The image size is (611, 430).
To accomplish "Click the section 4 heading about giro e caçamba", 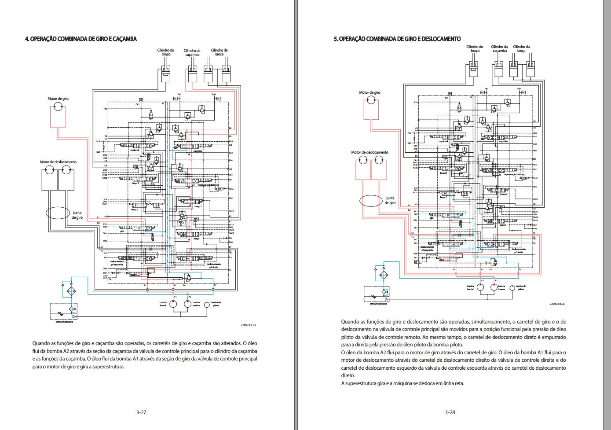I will pos(80,39).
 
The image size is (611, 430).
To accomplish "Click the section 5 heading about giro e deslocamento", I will pos(397,39).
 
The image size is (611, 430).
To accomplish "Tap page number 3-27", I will pos(141,412).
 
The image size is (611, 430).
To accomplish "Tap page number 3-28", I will pos(450,412).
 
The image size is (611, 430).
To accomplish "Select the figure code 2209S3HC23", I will pos(248,326).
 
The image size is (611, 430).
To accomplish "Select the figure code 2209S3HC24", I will pos(556,304).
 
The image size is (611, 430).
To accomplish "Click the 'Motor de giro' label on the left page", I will pos(58,99).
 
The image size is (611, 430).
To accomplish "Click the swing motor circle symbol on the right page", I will pos(370,101).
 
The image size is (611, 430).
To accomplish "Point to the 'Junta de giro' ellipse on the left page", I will pos(58,213).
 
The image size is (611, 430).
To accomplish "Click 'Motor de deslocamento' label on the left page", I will pos(58,162).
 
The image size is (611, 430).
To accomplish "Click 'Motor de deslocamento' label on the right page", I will pos(370,152).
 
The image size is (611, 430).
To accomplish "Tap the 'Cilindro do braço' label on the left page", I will pos(166,52).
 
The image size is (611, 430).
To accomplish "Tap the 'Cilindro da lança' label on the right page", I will pos(521,48).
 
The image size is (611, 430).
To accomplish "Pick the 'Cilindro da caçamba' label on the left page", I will pos(192,52).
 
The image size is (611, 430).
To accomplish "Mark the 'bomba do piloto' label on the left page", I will pos(216,304).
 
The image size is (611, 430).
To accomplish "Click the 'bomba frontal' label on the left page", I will pos(163,304).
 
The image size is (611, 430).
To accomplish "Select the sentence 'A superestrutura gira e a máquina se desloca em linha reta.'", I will pos(402,383).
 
